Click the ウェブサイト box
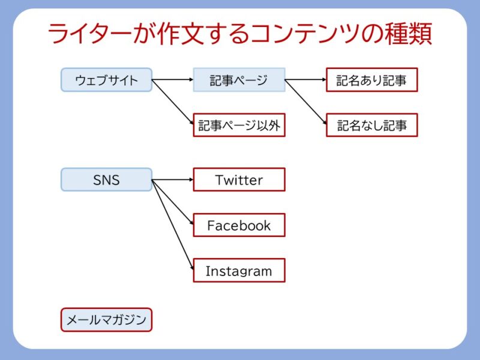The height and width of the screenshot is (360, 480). [x=106, y=80]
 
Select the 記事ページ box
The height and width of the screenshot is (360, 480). [x=239, y=80]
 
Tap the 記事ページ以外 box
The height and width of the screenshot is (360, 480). [x=239, y=125]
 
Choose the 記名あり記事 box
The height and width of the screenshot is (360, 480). [x=371, y=80]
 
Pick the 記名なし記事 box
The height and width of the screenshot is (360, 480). [x=371, y=125]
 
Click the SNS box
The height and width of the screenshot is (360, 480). [x=106, y=179]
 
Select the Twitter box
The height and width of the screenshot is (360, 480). [x=239, y=179]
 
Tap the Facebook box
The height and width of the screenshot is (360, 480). [x=239, y=225]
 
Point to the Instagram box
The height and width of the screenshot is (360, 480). [x=239, y=271]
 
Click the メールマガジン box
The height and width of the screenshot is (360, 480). [x=106, y=320]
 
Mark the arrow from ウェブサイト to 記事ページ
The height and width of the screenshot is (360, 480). [x=172, y=80]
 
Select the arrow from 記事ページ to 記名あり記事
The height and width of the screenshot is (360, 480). [x=305, y=80]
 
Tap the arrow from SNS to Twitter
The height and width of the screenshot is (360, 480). [x=172, y=179]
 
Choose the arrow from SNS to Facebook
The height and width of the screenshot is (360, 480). [x=172, y=202]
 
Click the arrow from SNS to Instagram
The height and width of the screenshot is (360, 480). [x=172, y=225]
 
